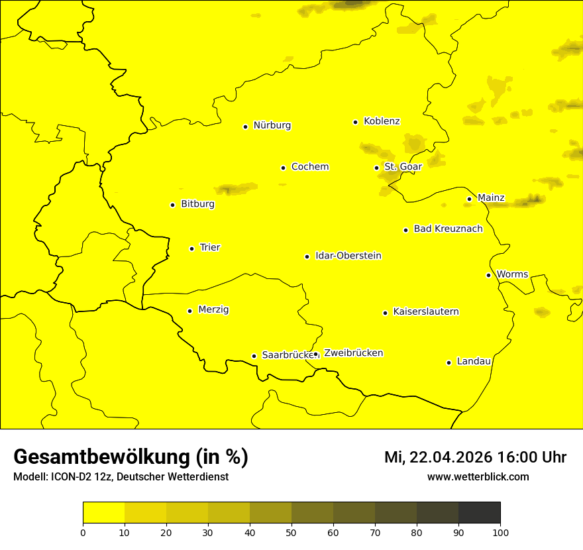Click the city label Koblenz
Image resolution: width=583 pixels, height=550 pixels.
point(382,121)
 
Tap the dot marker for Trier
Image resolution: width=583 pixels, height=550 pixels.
point(192,248)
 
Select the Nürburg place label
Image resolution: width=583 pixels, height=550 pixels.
point(272,125)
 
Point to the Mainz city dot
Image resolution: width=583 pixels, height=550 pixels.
point(469,199)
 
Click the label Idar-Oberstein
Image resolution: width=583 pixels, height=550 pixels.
point(348,256)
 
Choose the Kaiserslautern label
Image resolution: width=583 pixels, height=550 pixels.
point(426,311)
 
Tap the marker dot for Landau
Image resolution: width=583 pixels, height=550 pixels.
point(449,362)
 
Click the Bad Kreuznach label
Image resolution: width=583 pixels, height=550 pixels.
point(448,229)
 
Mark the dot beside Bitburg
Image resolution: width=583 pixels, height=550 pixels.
point(172,205)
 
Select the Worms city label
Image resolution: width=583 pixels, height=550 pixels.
point(512,274)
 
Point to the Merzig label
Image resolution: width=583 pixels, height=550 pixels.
point(213,309)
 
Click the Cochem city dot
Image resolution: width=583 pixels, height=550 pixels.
point(283,168)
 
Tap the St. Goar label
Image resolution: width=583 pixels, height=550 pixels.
point(403,167)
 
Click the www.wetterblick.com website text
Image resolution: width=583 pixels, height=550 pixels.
point(478,476)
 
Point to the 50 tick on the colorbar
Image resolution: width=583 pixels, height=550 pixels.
point(291,531)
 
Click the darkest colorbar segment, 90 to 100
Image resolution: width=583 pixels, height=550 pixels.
point(479,512)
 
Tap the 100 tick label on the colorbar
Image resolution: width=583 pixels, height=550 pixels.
point(500,531)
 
